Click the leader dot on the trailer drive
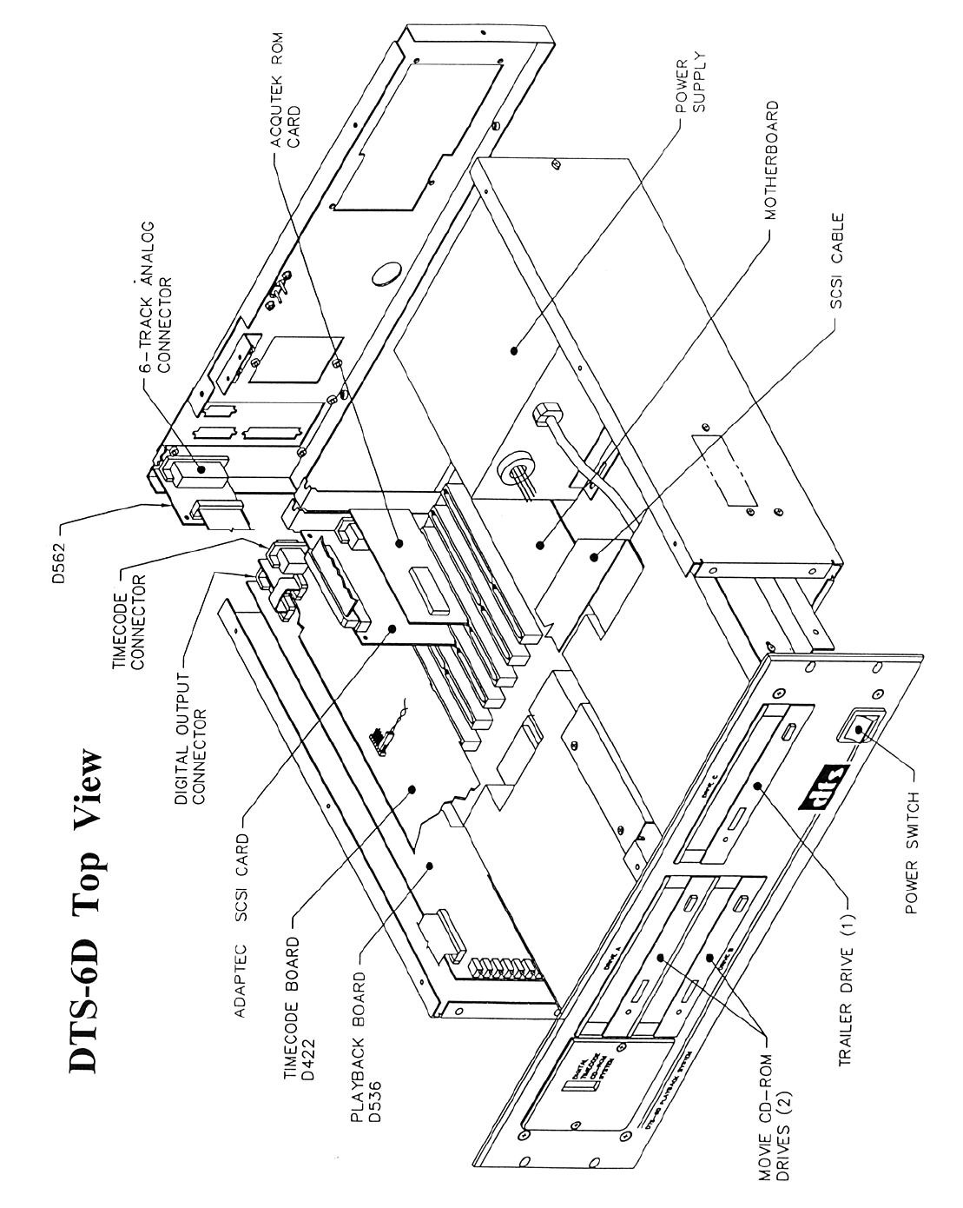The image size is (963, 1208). (761, 787)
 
